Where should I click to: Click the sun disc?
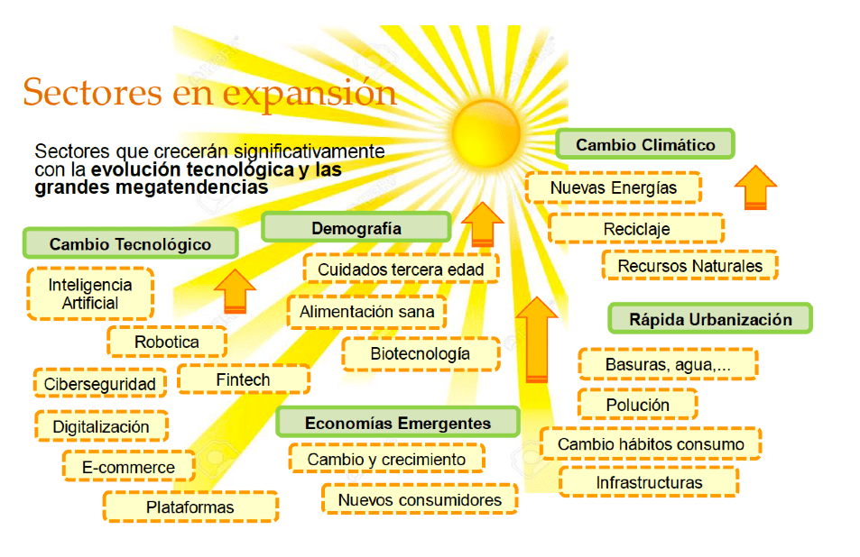pos(485,133)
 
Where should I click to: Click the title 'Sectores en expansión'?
pos(209,92)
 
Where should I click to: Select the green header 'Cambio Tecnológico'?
pos(131,243)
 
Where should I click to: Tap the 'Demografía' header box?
pos(356,228)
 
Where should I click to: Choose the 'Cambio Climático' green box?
pos(645,144)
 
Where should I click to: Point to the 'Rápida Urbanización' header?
pos(710,319)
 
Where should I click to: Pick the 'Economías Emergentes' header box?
pos(398,423)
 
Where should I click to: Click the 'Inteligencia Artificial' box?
pos(90,294)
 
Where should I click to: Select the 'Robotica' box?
pos(167,342)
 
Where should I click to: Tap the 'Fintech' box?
pos(243,379)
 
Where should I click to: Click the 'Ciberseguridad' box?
pos(100,384)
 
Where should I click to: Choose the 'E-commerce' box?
pos(128,467)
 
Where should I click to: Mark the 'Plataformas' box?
pos(190,507)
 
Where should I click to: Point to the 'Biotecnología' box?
pos(421,354)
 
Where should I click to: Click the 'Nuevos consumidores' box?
pos(420,499)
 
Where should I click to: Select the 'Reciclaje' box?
pos(636,229)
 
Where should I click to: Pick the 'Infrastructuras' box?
pos(649,482)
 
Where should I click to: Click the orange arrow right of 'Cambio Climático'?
pos(755,187)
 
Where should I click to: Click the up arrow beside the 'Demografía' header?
pos(483,224)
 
